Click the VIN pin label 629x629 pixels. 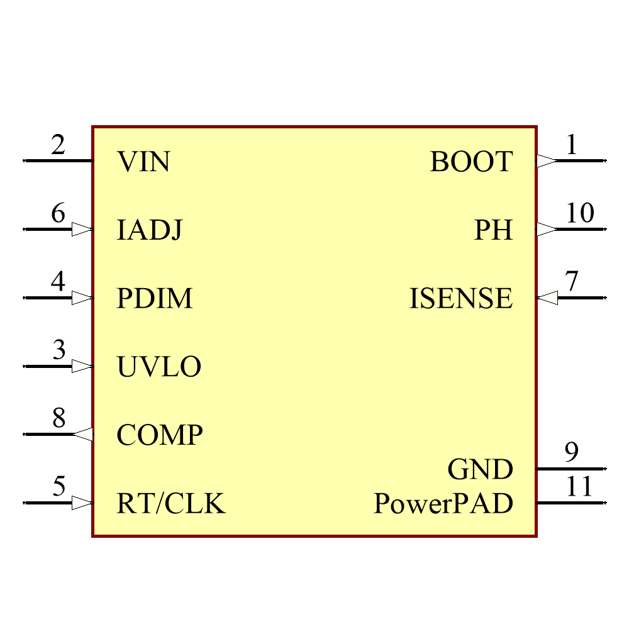(143, 162)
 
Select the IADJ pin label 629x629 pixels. (150, 231)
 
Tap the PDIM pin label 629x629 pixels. (155, 299)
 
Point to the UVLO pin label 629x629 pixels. (159, 367)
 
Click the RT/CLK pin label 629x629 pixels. (170, 504)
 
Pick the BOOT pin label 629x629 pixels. (472, 162)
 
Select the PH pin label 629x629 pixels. (494, 231)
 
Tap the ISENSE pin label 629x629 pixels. (461, 299)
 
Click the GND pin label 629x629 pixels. (481, 469)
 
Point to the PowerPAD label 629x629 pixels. (443, 504)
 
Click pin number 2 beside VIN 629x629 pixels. (58, 146)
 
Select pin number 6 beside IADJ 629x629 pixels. (58, 214)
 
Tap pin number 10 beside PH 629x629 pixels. (579, 214)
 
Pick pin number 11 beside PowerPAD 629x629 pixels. (579, 487)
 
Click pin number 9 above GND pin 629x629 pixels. (571, 452)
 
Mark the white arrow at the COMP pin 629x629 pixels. (83, 434)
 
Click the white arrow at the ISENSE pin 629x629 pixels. (547, 298)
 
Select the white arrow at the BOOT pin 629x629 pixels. (547, 161)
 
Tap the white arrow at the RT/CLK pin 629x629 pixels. (82, 503)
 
